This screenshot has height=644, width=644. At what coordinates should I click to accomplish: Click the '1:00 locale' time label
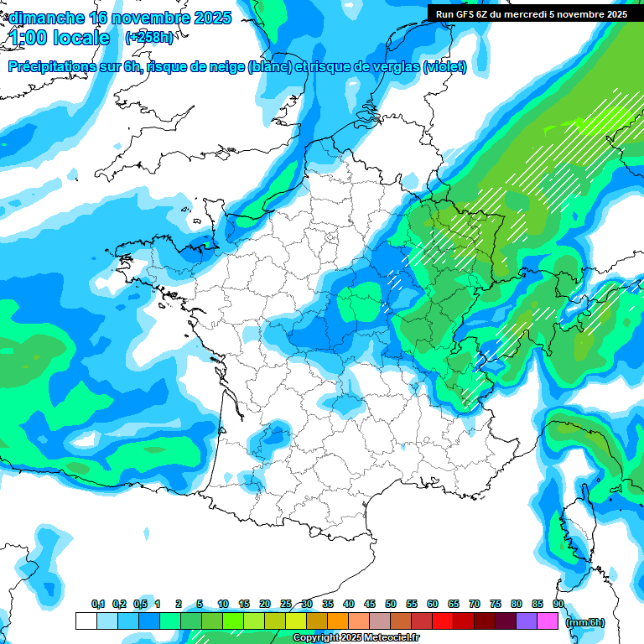[60, 38]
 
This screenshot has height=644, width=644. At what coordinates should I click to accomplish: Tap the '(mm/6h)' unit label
[585, 622]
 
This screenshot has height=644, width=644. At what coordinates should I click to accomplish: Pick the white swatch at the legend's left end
[86, 621]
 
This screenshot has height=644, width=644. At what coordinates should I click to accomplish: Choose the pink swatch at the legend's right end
[548, 621]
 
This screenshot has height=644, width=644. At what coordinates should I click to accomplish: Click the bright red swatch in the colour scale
[443, 621]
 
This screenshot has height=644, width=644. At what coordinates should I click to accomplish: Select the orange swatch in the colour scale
[338, 621]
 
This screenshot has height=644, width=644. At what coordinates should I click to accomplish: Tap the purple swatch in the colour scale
[527, 621]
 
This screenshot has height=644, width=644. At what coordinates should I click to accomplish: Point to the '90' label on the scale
[558, 604]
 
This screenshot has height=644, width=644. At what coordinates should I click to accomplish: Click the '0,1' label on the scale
[98, 604]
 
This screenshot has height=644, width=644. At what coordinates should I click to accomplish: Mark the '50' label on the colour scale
[391, 604]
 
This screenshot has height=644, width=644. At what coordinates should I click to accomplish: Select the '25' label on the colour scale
[286, 604]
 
